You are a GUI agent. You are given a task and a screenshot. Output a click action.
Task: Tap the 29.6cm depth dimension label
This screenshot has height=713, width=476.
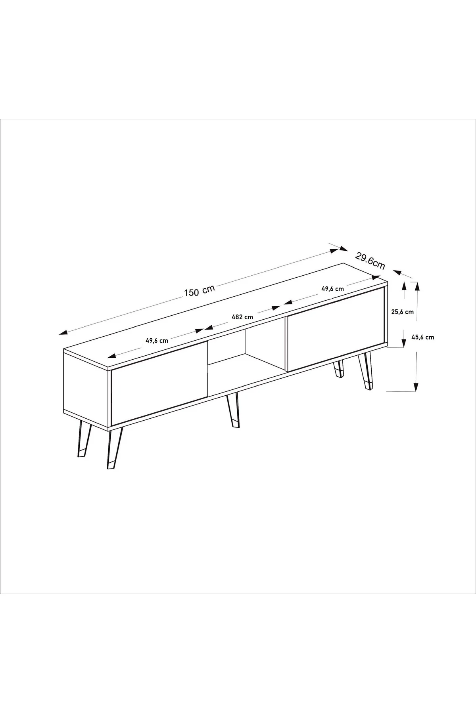point(370,261)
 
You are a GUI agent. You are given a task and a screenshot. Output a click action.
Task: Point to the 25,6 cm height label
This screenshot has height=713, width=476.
point(402,312)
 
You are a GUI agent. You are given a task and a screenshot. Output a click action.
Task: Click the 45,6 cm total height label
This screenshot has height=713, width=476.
point(422,337)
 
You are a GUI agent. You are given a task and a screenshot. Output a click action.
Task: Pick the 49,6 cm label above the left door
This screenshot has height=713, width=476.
point(157,340)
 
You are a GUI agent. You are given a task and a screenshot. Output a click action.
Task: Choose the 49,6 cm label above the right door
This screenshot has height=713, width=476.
point(332,289)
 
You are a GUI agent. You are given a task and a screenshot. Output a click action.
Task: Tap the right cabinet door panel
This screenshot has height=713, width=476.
point(336,329)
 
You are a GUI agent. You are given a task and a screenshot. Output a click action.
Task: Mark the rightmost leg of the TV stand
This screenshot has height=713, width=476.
point(366,371)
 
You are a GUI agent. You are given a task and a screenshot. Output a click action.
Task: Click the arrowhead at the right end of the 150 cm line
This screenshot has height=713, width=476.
point(335,250)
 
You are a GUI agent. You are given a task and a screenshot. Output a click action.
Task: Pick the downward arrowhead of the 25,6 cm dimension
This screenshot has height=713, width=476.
point(404,341)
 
